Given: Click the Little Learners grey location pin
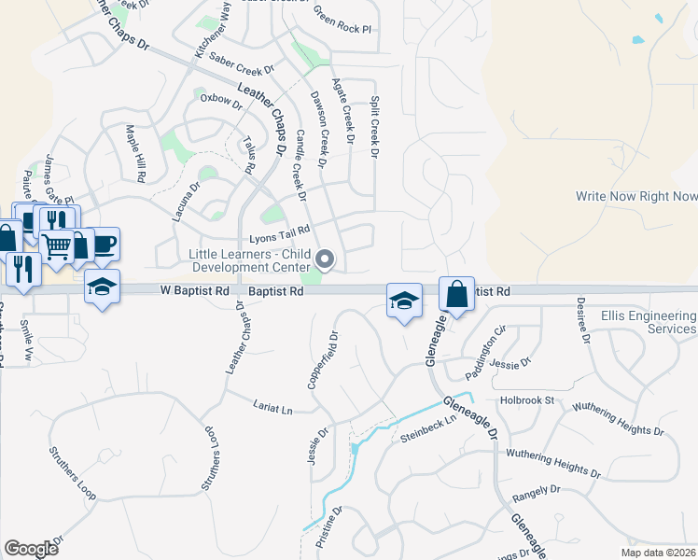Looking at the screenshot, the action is tap(326, 259).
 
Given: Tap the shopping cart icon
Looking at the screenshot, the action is tap(56, 246).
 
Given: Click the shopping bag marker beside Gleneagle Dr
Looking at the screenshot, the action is tap(457, 294).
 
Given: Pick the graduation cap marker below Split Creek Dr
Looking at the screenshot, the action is tap(403, 301).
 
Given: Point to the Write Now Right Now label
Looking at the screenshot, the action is tap(636, 196).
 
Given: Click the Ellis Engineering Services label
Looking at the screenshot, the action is tap(649, 323).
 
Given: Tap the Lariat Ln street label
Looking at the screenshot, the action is tap(272, 406).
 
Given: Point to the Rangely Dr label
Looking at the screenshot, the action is tap(536, 489).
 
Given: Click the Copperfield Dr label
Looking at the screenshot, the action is tap(321, 359).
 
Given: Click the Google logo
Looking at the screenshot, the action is tap(31, 549).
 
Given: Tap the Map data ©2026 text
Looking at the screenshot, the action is tap(658, 553).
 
